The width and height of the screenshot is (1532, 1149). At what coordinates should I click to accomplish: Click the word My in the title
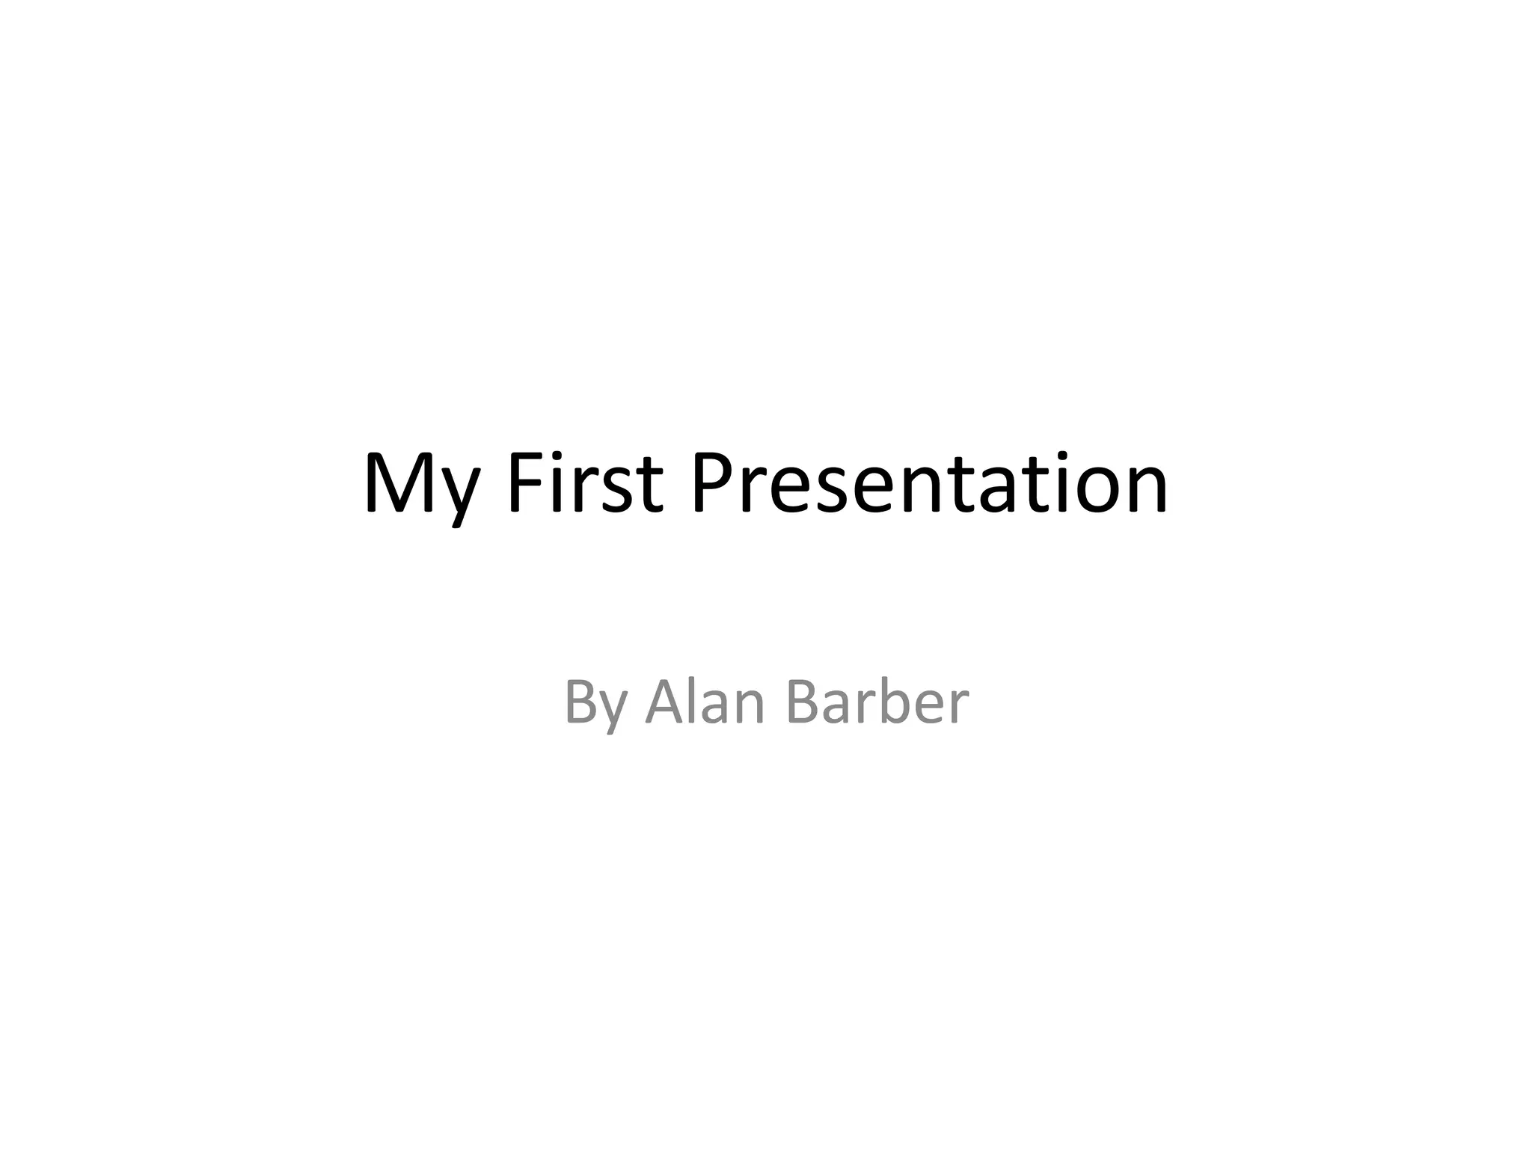[x=420, y=485]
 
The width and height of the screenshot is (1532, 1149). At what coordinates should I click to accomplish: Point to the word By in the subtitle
[x=595, y=703]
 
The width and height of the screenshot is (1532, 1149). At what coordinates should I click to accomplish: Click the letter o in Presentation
[x=1093, y=490]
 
